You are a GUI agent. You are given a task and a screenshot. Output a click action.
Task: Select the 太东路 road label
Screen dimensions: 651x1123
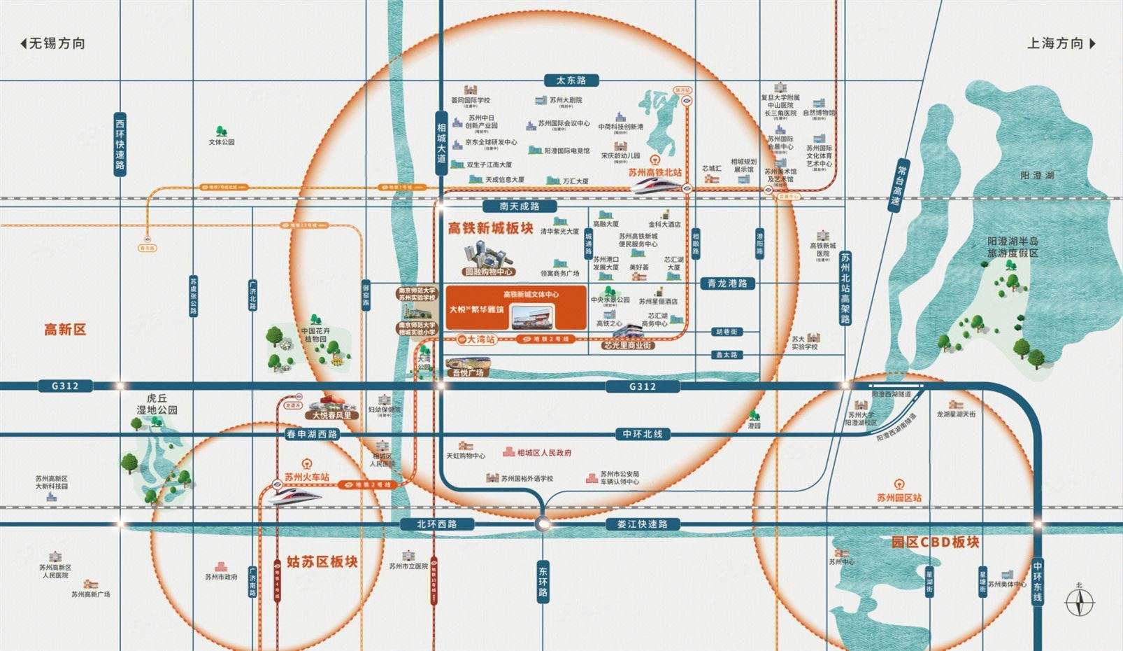(x=566, y=80)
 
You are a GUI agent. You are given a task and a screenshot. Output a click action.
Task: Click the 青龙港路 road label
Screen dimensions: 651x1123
(x=728, y=283)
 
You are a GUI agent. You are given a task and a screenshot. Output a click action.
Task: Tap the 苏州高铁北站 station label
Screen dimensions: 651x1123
(x=655, y=171)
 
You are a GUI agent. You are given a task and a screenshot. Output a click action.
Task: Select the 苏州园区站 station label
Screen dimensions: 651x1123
(x=899, y=498)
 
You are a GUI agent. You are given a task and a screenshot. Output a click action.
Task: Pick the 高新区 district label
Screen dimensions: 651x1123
(x=65, y=330)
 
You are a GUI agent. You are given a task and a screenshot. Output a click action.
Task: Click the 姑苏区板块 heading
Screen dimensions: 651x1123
(x=322, y=561)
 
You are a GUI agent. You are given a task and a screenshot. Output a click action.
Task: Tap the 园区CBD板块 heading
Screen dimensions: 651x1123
(x=935, y=542)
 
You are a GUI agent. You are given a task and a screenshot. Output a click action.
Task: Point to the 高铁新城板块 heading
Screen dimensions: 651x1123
(x=491, y=228)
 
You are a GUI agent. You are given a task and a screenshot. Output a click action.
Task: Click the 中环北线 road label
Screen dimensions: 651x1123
(x=643, y=434)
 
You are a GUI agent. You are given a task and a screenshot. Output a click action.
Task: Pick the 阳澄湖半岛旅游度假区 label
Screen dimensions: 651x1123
(x=1012, y=247)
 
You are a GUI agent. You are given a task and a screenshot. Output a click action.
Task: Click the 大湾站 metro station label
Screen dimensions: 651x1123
(x=480, y=339)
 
